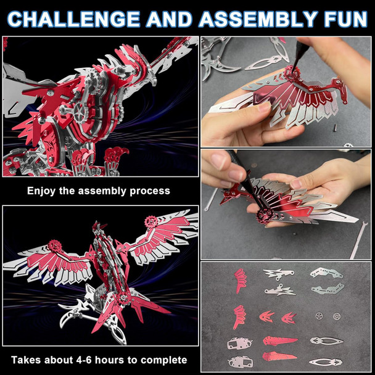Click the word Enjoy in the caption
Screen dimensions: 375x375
pos(42,191)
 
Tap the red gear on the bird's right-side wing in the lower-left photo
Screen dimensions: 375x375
pos(151,221)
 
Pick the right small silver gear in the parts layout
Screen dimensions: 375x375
pos(336,316)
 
